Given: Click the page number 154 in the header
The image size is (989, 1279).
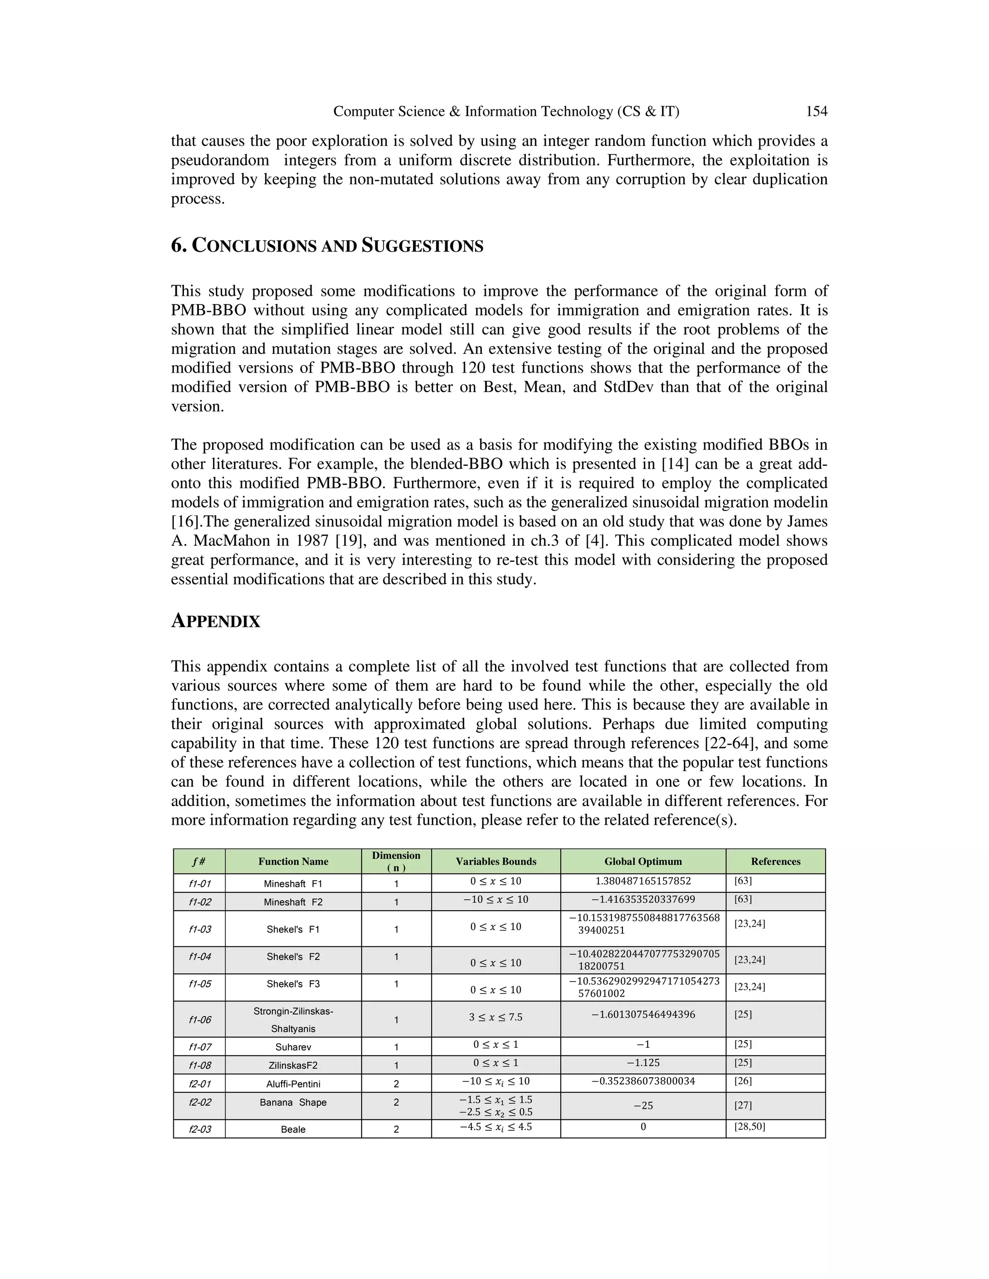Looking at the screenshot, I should (x=816, y=111).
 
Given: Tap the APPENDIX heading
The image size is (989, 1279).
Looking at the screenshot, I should (x=215, y=621).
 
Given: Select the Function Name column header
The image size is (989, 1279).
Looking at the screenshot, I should (x=293, y=862).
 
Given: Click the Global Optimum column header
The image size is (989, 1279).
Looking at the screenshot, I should (x=643, y=862).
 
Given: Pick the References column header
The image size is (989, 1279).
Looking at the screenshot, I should (x=775, y=862).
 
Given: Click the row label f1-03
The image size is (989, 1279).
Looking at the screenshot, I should (x=199, y=930).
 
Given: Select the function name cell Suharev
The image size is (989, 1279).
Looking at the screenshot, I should (x=293, y=1047).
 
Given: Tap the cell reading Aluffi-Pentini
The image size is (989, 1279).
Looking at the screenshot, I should (x=293, y=1084).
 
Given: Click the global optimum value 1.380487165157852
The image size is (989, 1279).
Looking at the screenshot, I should (x=643, y=881).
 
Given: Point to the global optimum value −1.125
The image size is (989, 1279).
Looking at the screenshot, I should (x=643, y=1062).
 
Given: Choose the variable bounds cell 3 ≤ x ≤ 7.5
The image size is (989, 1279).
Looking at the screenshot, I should (x=495, y=1017).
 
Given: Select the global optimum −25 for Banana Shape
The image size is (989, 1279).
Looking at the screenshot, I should (x=643, y=1106).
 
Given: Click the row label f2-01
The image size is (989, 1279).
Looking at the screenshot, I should (x=199, y=1084).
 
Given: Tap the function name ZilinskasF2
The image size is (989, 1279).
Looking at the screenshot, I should (x=293, y=1065).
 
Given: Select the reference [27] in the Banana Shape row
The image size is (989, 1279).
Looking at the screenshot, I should (x=743, y=1106).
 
